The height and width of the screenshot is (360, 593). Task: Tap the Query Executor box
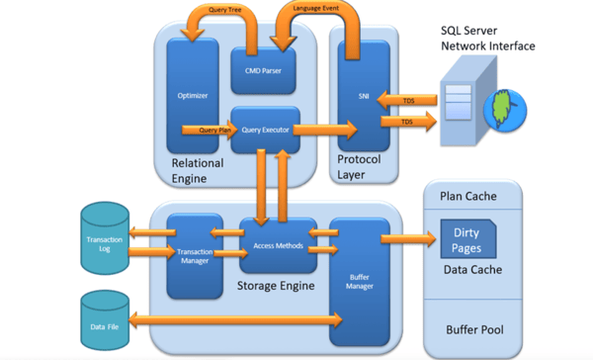click(x=264, y=128)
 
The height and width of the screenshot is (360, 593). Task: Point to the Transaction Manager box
click(x=195, y=255)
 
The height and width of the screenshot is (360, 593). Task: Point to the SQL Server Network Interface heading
click(x=487, y=39)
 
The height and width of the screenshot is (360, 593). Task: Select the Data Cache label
click(x=471, y=269)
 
